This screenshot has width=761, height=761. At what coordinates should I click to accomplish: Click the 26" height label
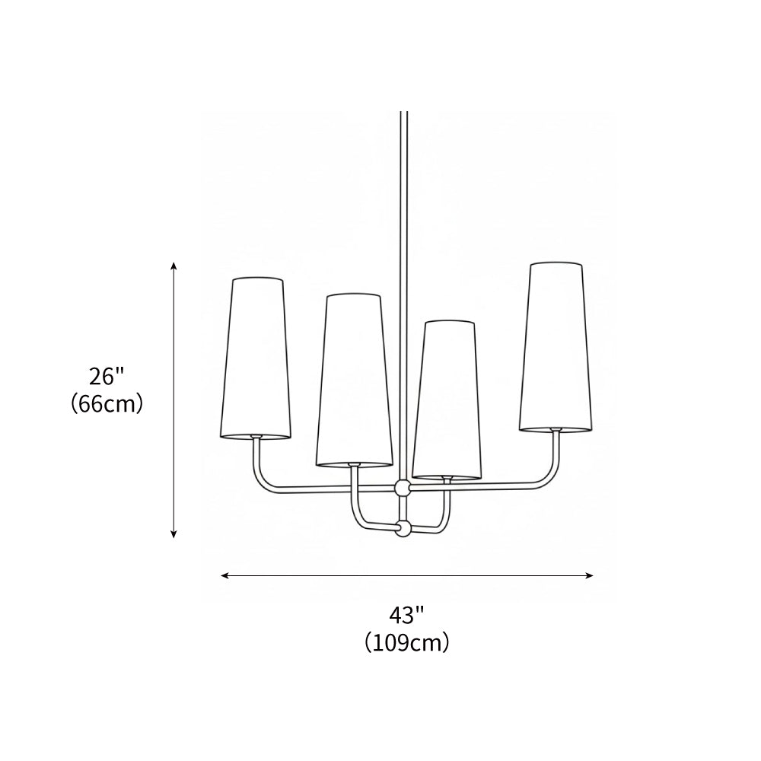click(107, 376)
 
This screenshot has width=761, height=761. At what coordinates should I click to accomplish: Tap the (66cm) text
click(107, 403)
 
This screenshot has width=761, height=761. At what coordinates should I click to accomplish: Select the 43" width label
click(406, 614)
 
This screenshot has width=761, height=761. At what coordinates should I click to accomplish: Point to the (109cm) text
click(406, 642)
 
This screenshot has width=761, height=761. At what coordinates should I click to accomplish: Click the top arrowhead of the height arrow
click(174, 266)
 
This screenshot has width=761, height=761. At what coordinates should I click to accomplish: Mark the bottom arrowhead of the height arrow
click(174, 534)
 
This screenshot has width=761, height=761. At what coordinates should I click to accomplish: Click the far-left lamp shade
click(256, 358)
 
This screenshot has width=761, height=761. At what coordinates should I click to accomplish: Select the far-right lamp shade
click(556, 346)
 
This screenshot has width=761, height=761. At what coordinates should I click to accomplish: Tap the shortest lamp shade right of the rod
click(447, 400)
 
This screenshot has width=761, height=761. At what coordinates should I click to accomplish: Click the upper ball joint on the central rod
click(403, 488)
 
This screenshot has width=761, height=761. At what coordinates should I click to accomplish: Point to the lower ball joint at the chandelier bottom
click(403, 527)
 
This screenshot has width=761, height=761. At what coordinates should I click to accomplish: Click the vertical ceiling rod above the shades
click(403, 205)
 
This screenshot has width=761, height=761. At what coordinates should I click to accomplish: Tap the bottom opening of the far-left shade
click(256, 437)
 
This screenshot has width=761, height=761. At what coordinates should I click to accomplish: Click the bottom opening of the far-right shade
click(556, 428)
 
